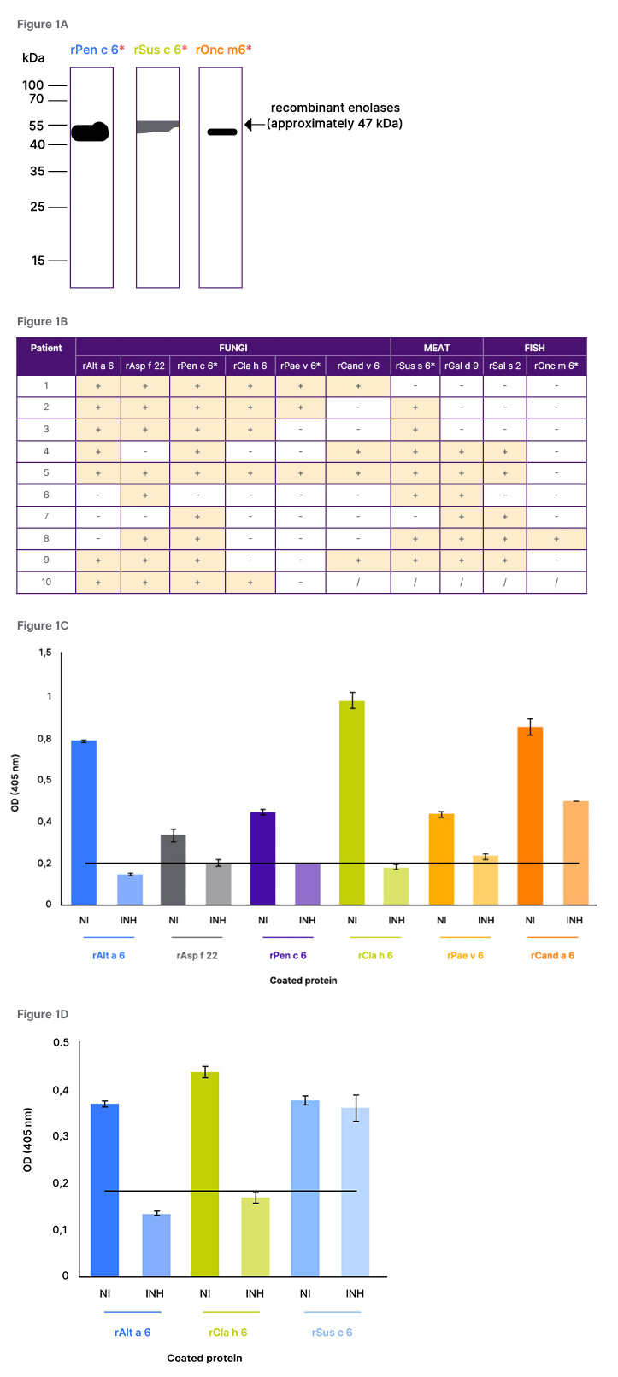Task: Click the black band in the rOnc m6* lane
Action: [x=222, y=132]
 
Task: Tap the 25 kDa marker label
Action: [x=37, y=207]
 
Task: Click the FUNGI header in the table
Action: [x=232, y=348]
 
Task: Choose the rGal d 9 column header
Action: [x=462, y=366]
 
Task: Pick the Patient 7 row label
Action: [x=46, y=516]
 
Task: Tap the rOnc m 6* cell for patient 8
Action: [x=556, y=538]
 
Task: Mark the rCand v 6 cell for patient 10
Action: [x=357, y=582]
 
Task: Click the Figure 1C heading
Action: [x=43, y=625]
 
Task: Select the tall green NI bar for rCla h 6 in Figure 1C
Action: [x=352, y=803]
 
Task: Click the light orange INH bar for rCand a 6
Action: [x=575, y=853]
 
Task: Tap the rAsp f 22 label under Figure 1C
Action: [x=197, y=955]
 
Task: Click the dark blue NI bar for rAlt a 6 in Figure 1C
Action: [x=84, y=822]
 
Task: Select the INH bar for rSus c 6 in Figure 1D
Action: [x=355, y=1192]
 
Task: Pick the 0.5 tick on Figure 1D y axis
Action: [x=61, y=1042]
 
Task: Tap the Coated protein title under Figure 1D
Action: [x=204, y=1357]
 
